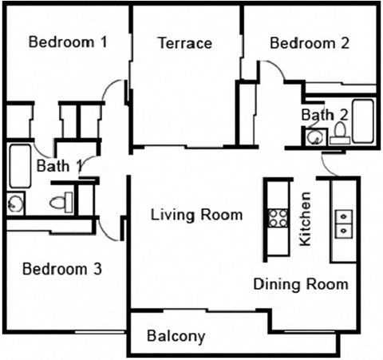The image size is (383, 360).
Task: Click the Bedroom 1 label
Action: point(68,42)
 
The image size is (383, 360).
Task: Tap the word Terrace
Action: point(184,43)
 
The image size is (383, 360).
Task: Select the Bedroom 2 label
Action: point(310,43)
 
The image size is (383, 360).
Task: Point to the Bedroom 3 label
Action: point(61,269)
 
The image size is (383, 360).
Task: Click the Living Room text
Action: point(197,215)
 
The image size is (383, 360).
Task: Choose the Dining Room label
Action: point(301,283)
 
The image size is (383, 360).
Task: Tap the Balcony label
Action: point(176,336)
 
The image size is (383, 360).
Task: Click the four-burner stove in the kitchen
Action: point(278,218)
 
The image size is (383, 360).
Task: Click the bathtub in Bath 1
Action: point(19,165)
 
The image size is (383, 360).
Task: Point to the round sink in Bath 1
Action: point(15,204)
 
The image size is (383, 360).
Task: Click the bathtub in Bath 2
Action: point(363,121)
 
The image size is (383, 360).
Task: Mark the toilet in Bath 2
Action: point(340,132)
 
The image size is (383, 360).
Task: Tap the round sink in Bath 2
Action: point(312,137)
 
